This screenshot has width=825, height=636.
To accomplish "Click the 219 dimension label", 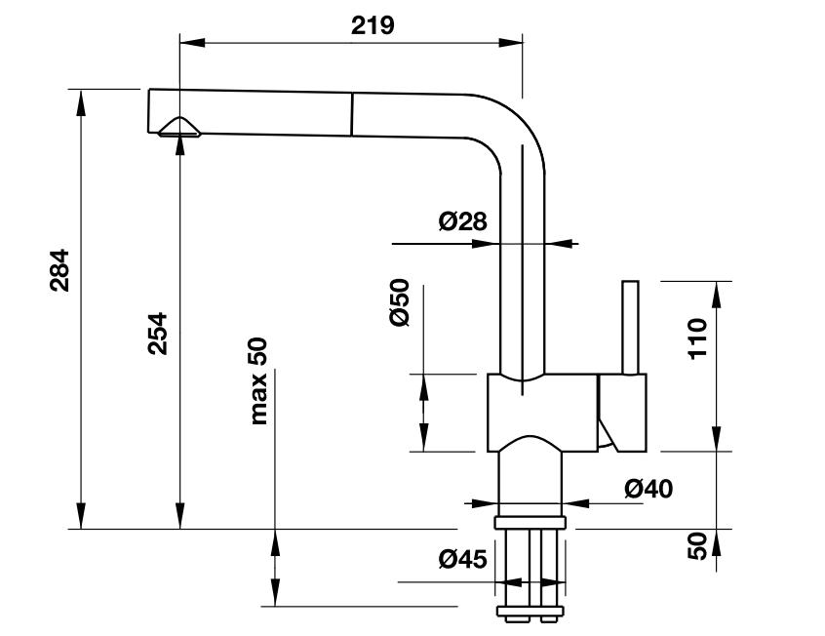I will (373, 25).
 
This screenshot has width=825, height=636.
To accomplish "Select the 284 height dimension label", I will (59, 272).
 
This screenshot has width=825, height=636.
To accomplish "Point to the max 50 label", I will (258, 380).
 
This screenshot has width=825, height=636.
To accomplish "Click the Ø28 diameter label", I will (462, 222).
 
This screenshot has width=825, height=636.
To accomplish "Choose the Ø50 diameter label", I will (399, 303).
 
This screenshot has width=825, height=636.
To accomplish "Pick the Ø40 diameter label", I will (648, 488).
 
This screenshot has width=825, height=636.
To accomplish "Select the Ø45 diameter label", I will (462, 559).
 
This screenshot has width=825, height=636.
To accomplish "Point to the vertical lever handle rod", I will (631, 328).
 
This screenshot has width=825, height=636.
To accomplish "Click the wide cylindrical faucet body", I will (541, 415).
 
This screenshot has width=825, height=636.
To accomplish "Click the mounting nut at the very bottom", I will (531, 614).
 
